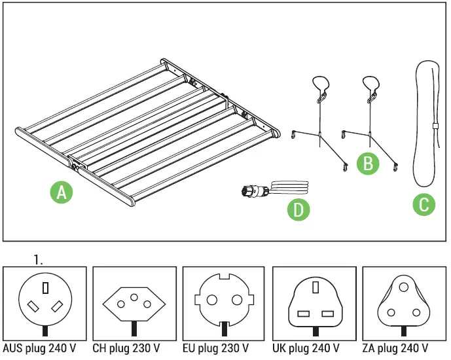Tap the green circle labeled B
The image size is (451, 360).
(x=368, y=163)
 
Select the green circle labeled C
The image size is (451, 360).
(x=424, y=205)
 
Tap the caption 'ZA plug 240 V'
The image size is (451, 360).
(x=395, y=348)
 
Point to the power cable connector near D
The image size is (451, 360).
(x=251, y=192)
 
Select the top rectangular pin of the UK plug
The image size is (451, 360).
(x=314, y=288)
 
